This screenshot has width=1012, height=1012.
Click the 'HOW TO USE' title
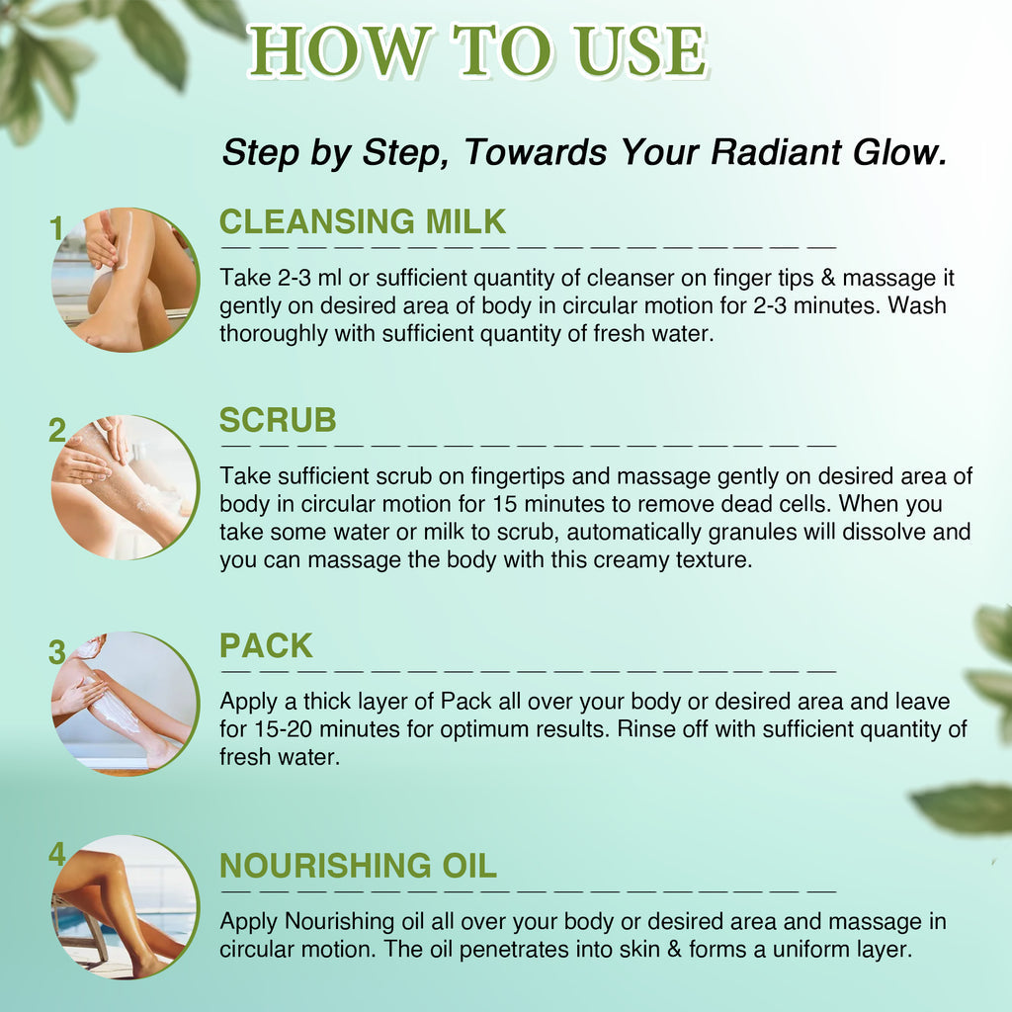477,51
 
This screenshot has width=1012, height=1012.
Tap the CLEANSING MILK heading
362,221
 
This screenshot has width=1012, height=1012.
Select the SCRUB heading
278,420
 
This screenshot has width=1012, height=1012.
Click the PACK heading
266,645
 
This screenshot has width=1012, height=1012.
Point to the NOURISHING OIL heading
358,866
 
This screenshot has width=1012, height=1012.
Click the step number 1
56,229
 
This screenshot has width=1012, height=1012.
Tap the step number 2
57,430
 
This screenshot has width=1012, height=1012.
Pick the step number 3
57,652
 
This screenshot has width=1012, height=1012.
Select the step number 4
57,854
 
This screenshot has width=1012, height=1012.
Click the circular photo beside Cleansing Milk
126,280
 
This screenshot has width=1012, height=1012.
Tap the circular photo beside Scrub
126,487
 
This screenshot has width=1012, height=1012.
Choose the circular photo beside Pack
126,704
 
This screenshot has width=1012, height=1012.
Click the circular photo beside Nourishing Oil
126,907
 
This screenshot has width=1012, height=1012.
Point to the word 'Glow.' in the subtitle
900,153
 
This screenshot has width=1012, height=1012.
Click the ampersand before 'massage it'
828,278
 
